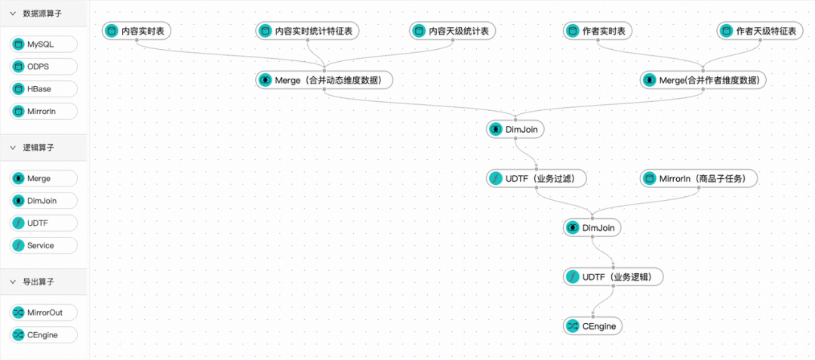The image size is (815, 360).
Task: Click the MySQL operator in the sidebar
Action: pyautogui.click(x=44, y=45)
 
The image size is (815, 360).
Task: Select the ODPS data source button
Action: pyautogui.click(x=44, y=66)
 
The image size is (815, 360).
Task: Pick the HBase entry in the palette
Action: pyautogui.click(x=44, y=89)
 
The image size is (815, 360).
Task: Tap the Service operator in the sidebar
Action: pyautogui.click(x=44, y=245)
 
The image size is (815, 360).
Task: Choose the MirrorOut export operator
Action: pyautogui.click(x=44, y=312)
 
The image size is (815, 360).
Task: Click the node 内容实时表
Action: pyautogui.click(x=137, y=31)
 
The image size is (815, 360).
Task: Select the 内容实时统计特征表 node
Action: pyautogui.click(x=308, y=31)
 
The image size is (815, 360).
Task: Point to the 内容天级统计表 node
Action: pyautogui.click(x=452, y=31)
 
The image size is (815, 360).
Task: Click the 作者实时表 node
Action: pyautogui.click(x=598, y=31)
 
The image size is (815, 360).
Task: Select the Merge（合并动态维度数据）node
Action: pyautogui.click(x=324, y=80)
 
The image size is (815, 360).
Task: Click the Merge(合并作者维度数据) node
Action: pyautogui.click(x=703, y=80)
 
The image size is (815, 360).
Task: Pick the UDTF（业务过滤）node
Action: pyautogui.click(x=537, y=179)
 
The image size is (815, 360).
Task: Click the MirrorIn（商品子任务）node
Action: pyautogui.click(x=699, y=179)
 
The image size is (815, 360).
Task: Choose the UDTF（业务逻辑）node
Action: pyautogui.click(x=614, y=277)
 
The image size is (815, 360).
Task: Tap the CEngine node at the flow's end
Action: pyautogui.click(x=593, y=326)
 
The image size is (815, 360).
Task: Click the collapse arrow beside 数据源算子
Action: pyautogui.click(x=13, y=14)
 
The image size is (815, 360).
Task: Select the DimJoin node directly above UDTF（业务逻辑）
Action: pyautogui.click(x=592, y=227)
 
